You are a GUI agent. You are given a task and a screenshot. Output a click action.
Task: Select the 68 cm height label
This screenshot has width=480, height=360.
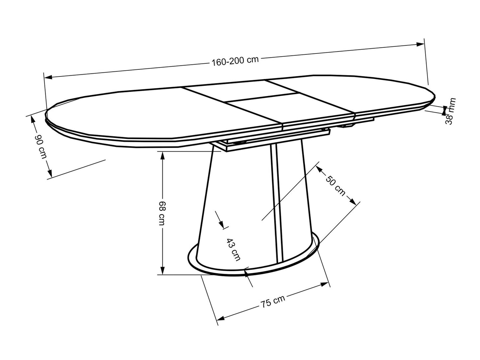coord(161,213)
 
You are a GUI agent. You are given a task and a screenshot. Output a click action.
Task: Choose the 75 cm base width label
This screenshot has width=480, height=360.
coord(272,301)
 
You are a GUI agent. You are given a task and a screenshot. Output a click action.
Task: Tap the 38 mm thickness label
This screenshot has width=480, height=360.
coord(450,111)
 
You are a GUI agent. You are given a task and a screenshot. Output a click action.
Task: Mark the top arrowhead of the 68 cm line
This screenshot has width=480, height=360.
coord(162,155)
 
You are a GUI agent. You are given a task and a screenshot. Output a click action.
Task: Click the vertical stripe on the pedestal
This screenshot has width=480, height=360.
coord(276,199)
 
